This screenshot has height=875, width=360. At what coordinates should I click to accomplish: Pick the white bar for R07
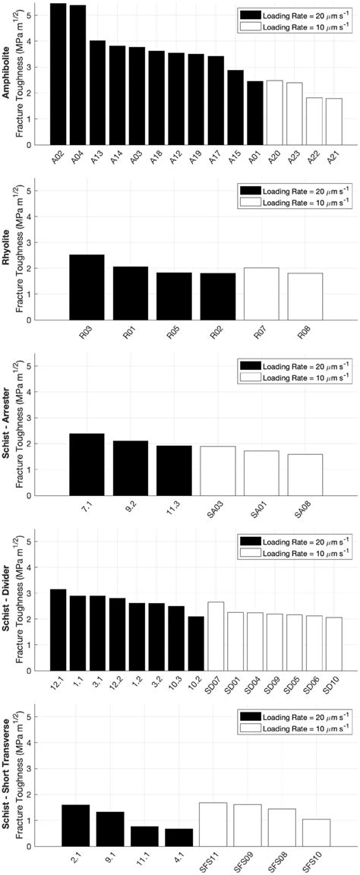[x=261, y=293]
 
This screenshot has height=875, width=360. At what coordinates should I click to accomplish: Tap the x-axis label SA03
[x=215, y=510]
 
